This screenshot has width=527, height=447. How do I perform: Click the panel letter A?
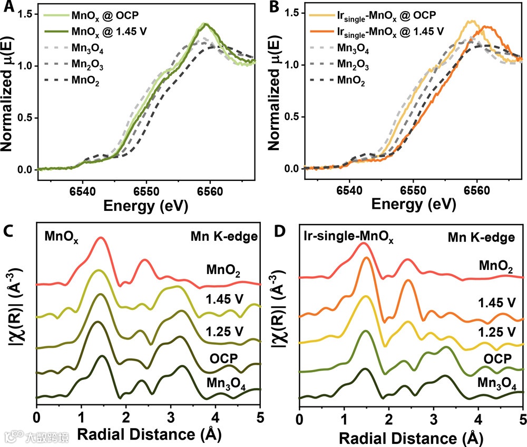[x=8, y=8]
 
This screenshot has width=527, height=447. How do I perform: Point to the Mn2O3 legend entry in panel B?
[x=354, y=66]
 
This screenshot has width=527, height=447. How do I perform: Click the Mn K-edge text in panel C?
[x=223, y=237]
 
